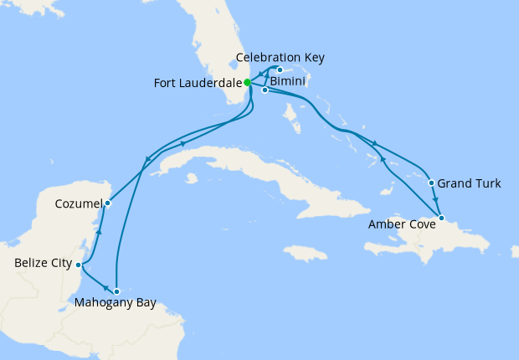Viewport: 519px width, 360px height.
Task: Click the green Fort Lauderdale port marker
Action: pos(248,82)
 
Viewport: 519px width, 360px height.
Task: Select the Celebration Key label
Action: pos(280,58)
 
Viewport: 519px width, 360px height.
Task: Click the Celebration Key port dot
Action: pos(280,69)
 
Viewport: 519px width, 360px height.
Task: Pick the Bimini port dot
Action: pos(265,90)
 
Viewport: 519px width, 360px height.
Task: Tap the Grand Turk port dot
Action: pos(431,183)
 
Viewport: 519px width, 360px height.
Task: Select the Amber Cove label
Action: pos(402,224)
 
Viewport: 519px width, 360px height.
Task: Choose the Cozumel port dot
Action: pos(108,202)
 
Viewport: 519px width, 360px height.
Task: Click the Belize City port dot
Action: pos(79,265)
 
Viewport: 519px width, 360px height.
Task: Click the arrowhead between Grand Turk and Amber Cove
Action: pos(437,201)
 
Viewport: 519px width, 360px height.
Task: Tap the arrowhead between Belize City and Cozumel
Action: pos(100,232)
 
